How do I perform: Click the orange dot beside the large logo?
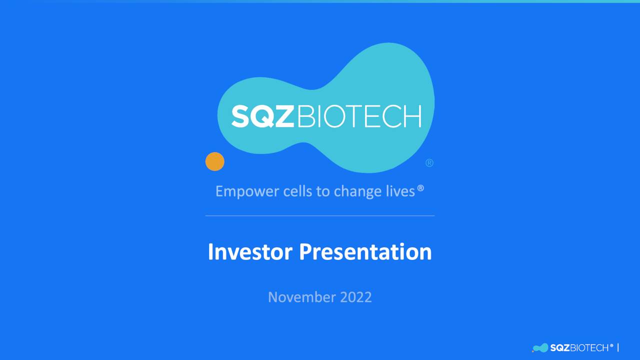pos(215,161)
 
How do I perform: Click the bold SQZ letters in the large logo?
pos(262,116)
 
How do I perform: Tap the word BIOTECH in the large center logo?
pos(359,116)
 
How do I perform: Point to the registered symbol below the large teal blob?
pos(429,163)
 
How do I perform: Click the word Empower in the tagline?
pos(247,191)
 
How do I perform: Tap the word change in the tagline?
pos(357,191)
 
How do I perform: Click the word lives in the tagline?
pos(400,191)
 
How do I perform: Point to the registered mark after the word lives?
pos(420,188)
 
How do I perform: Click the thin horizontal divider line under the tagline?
pos(320,215)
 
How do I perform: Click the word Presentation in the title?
pos(365,251)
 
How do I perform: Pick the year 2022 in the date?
pos(356,297)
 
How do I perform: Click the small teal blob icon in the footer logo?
pos(540,347)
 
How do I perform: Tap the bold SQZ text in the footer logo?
pos(559,347)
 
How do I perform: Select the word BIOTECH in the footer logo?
pos(589,347)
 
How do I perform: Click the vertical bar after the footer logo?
pos(618,347)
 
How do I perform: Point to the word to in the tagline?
pos(323,191)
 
